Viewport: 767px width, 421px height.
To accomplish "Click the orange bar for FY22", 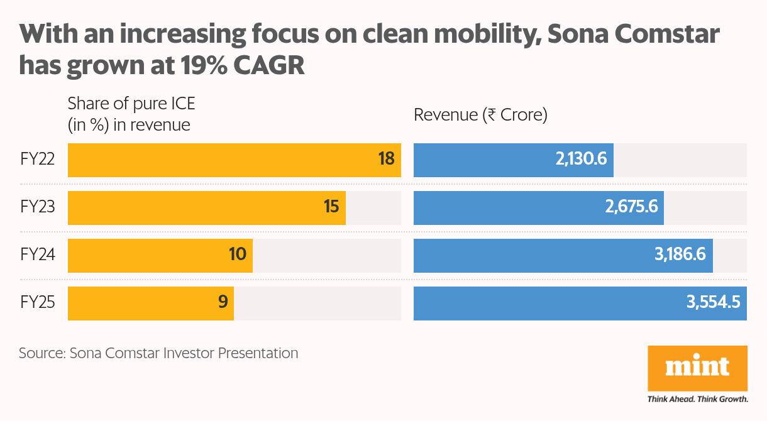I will tap(234, 160).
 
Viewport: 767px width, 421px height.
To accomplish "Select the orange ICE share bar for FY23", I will tap(206, 207).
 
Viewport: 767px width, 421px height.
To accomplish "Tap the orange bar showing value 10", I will tap(160, 255).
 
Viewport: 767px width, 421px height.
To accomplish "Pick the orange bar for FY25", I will tap(150, 303).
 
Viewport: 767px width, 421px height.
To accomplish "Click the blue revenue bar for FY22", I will tap(513, 160).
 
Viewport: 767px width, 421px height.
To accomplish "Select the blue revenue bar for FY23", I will tap(538, 207).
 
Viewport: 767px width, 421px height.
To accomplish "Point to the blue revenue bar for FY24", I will tap(563, 255).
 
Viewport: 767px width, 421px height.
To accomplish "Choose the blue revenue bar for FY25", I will tap(580, 303).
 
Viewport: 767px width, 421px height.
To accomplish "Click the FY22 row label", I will tap(38, 160).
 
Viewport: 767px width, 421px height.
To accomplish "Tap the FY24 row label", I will tap(38, 255).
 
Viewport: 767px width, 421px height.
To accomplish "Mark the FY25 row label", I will tap(38, 303).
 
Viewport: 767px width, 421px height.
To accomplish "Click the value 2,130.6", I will tap(580, 160).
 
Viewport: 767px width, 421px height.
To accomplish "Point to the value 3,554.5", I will tap(714, 303).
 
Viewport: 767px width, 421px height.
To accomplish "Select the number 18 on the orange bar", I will tap(386, 160).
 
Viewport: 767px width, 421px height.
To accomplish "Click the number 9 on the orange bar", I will tap(222, 303).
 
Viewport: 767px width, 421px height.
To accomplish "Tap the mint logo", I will tap(697, 368).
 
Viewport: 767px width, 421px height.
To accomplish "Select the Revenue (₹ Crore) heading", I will tap(480, 115).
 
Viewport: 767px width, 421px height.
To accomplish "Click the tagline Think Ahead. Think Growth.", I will tap(697, 398).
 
